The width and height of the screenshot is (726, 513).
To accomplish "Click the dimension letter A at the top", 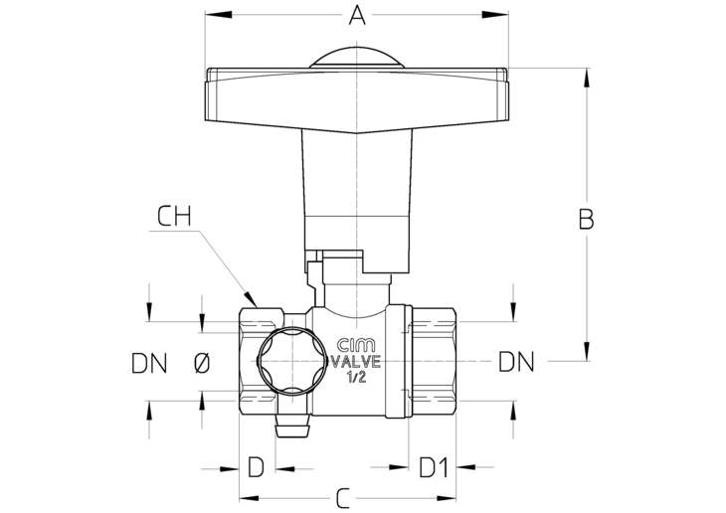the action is pyautogui.click(x=357, y=15).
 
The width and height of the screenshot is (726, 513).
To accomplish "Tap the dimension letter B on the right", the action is pyautogui.click(x=586, y=220).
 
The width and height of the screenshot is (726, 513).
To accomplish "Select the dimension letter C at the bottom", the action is pyautogui.click(x=343, y=499).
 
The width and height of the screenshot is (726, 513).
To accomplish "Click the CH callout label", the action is pyautogui.click(x=174, y=216).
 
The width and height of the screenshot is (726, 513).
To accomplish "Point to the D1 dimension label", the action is pyautogui.click(x=434, y=467).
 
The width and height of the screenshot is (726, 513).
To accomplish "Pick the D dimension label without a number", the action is pyautogui.click(x=256, y=467).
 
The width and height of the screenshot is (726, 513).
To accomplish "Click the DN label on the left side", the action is pyautogui.click(x=149, y=363).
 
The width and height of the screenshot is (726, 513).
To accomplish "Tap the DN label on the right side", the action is pyautogui.click(x=516, y=362).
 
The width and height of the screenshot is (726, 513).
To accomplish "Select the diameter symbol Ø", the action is pyautogui.click(x=202, y=363).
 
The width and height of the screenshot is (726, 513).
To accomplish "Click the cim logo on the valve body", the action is pyautogui.click(x=356, y=345).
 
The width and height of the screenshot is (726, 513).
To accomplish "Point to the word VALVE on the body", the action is pyautogui.click(x=356, y=361).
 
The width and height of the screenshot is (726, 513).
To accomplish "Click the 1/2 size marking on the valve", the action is pyautogui.click(x=356, y=378).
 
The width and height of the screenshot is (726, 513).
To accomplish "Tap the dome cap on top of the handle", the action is pyautogui.click(x=357, y=58).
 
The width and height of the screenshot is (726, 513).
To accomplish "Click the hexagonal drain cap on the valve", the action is pyautogui.click(x=292, y=361).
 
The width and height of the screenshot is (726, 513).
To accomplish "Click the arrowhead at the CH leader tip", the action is pyautogui.click(x=251, y=297).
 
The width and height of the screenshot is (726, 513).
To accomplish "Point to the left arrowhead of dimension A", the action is pyautogui.click(x=219, y=15).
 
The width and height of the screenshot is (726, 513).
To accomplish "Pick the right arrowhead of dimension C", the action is pyautogui.click(x=447, y=499).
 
